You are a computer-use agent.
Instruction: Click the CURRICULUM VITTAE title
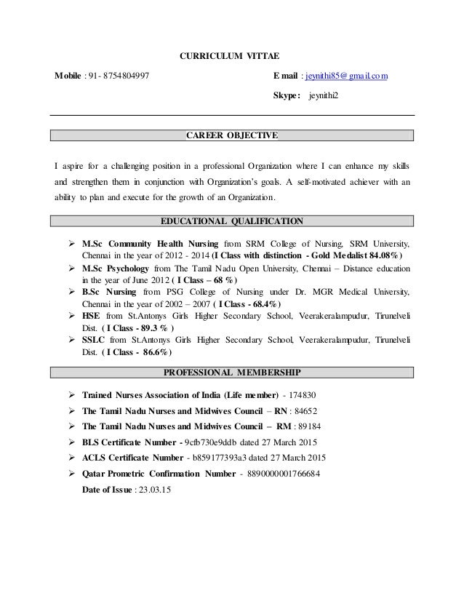tap(228, 56)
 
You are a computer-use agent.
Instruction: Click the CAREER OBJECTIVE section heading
tap(232, 135)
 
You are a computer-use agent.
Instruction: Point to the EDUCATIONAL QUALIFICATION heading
tap(231, 221)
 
